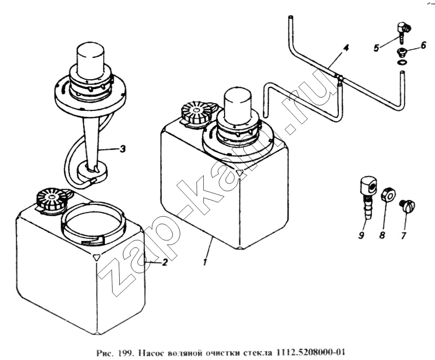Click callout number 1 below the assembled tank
pyautogui.click(x=205, y=262)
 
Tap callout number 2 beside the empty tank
pyautogui.click(x=165, y=262)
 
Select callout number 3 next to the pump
pyautogui.click(x=122, y=149)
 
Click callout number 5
pyautogui.click(x=376, y=48)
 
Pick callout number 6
pyautogui.click(x=424, y=45)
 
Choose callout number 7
pyautogui.click(x=403, y=235)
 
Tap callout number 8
pyautogui.click(x=383, y=235)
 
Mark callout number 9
pyautogui.click(x=361, y=235)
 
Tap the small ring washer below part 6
pyautogui.click(x=401, y=62)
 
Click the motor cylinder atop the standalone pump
pyautogui.click(x=92, y=59)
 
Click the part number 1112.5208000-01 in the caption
pyautogui.click(x=310, y=353)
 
